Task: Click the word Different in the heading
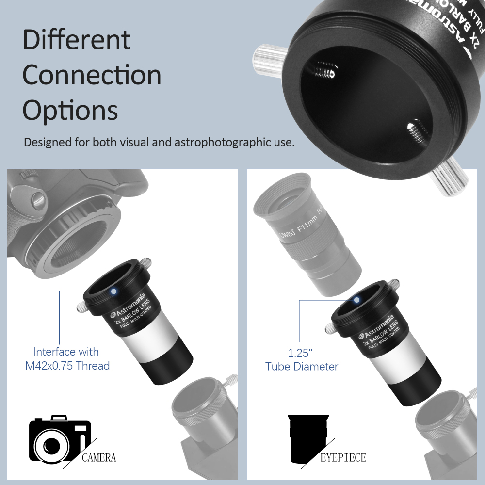point(77,40)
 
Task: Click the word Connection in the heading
point(92,76)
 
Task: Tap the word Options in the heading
point(70,111)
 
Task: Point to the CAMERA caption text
point(99,457)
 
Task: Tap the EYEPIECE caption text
point(343,457)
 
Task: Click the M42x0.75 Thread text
point(67,366)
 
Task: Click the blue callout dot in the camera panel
point(113,291)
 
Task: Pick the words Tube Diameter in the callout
point(302,366)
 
